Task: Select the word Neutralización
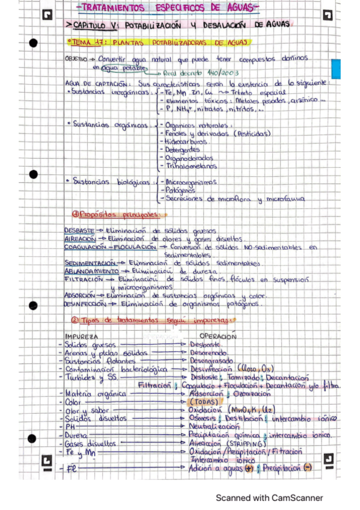[x=215, y=425]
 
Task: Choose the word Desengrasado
[x=216, y=360]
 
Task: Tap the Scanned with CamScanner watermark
[x=269, y=498]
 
